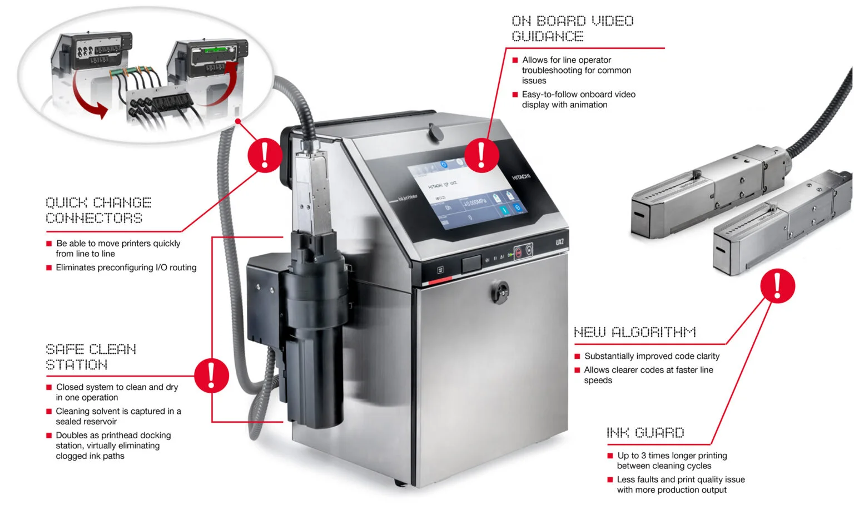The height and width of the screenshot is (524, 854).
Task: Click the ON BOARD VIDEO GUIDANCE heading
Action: (572, 28)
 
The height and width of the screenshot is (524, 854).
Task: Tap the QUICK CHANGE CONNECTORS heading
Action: (98, 210)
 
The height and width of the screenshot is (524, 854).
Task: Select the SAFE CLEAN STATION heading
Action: (91, 357)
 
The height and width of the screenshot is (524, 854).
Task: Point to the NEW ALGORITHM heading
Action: (634, 332)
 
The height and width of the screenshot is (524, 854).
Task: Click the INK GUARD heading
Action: (645, 432)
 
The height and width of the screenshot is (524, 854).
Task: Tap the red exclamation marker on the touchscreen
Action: (481, 155)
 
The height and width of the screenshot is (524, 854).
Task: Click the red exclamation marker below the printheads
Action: (777, 285)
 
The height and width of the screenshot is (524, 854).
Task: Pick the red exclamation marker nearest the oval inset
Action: (265, 155)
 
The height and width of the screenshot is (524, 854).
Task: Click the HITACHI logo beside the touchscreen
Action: (521, 177)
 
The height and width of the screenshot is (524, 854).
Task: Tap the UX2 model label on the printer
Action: (559, 242)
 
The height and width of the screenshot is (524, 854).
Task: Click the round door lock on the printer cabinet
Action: (500, 290)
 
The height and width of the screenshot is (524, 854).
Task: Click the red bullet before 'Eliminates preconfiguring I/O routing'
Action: (49, 268)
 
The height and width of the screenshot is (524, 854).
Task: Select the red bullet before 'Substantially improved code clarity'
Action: (577, 356)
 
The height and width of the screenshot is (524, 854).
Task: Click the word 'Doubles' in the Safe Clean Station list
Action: (71, 435)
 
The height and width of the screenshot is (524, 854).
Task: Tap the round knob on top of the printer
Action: (434, 132)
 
